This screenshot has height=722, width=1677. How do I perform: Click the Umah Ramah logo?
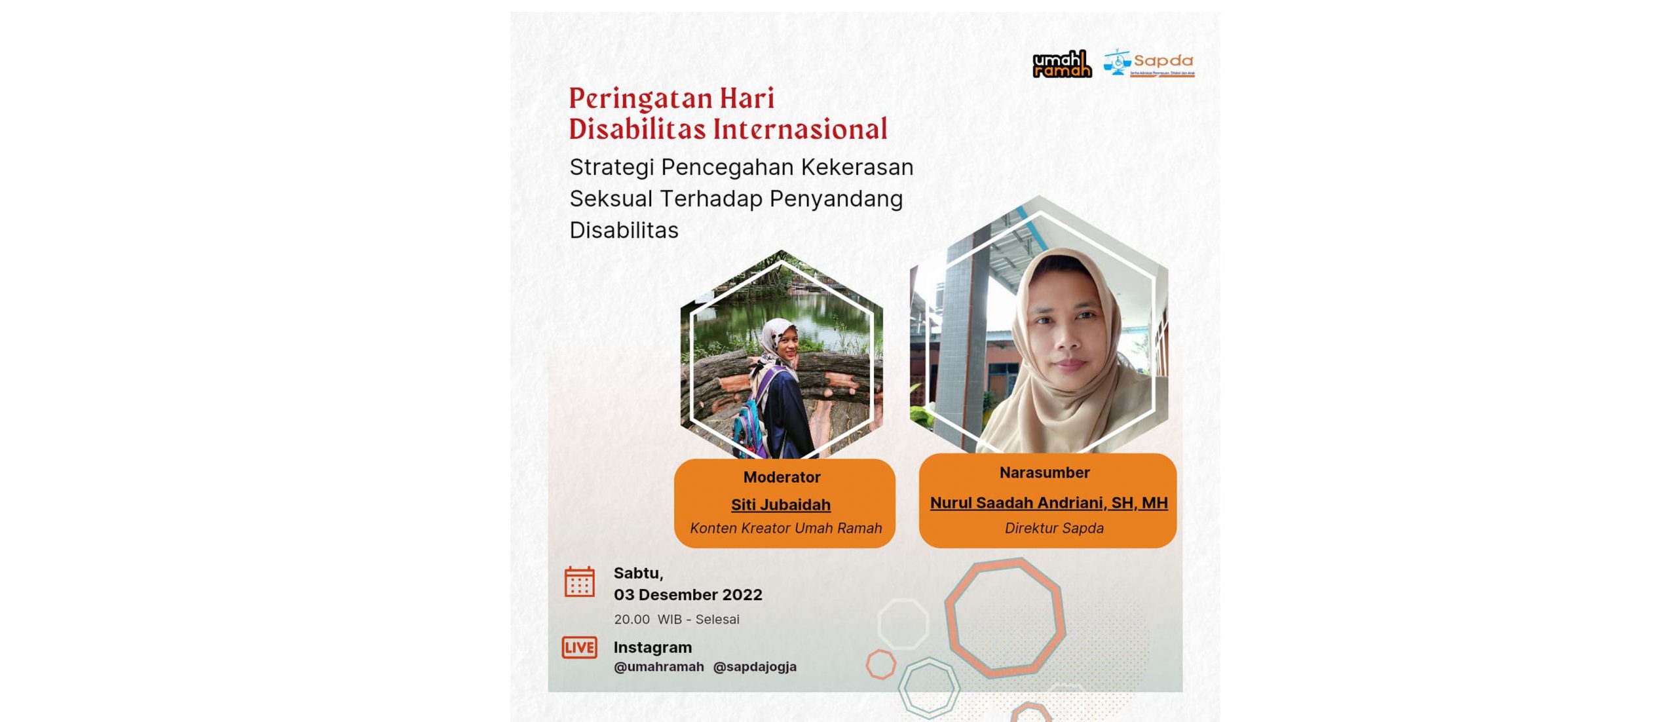point(1062,64)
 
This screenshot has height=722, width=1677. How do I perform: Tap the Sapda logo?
point(1149,63)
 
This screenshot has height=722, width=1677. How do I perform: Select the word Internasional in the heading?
point(800,128)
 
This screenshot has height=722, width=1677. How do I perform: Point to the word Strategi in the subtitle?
point(612,168)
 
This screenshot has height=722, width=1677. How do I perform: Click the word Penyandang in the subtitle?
point(836,199)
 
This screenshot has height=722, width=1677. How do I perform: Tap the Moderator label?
point(782,477)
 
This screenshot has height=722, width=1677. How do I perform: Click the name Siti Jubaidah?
point(781,504)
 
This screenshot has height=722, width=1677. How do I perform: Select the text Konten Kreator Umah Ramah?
point(785,528)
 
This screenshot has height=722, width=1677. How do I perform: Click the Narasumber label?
point(1044,472)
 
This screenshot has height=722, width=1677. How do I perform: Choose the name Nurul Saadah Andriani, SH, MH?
point(1049,503)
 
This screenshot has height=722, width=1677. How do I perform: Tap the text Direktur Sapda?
point(1054,528)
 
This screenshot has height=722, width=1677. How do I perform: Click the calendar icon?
point(580,582)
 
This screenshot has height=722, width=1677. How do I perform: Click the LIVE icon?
point(579,647)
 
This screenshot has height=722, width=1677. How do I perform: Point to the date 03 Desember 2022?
point(688,595)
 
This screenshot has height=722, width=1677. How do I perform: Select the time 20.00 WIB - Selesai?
point(677,619)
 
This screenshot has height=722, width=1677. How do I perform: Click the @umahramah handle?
point(659,667)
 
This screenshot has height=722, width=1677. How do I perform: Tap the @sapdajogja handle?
point(755,667)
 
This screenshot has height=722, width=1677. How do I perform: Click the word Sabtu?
point(638,573)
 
